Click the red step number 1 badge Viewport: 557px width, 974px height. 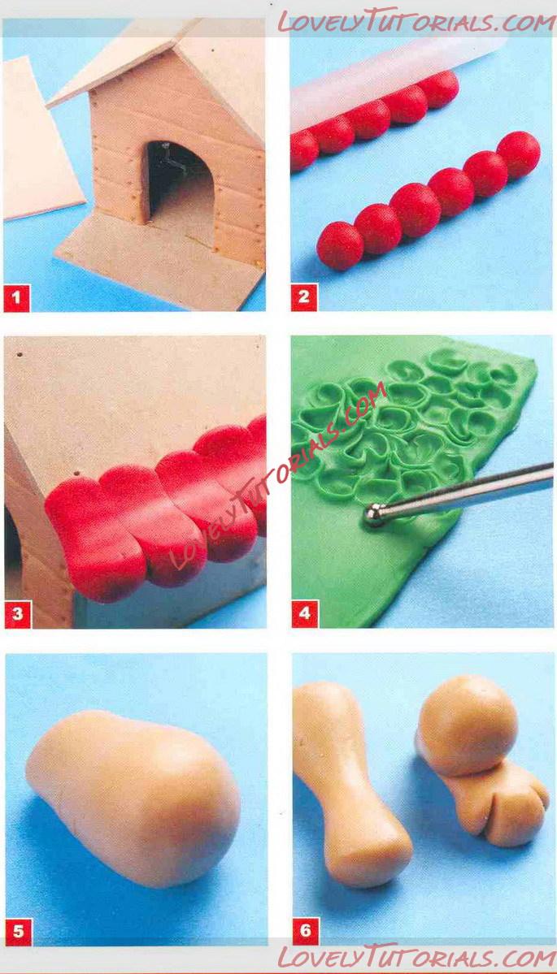click(16, 297)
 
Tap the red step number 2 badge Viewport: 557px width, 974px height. click(304, 297)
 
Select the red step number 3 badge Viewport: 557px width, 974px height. click(17, 613)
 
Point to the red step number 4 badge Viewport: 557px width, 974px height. click(305, 613)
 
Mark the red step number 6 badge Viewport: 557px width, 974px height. click(306, 931)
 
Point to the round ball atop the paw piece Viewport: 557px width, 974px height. click(467, 725)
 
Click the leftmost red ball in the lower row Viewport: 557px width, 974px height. click(340, 245)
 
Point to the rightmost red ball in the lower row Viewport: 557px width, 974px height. click(519, 154)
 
